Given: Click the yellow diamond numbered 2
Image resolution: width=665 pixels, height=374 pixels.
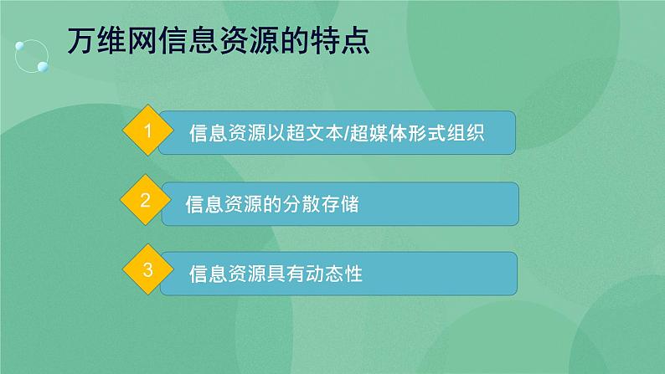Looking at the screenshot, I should point(146,202).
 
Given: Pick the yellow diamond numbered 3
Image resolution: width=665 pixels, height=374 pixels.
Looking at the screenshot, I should point(148,271).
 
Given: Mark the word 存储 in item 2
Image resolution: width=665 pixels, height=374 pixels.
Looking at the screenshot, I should point(343,203).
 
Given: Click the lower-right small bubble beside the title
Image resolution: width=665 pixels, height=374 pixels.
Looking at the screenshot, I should point(41,64).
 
